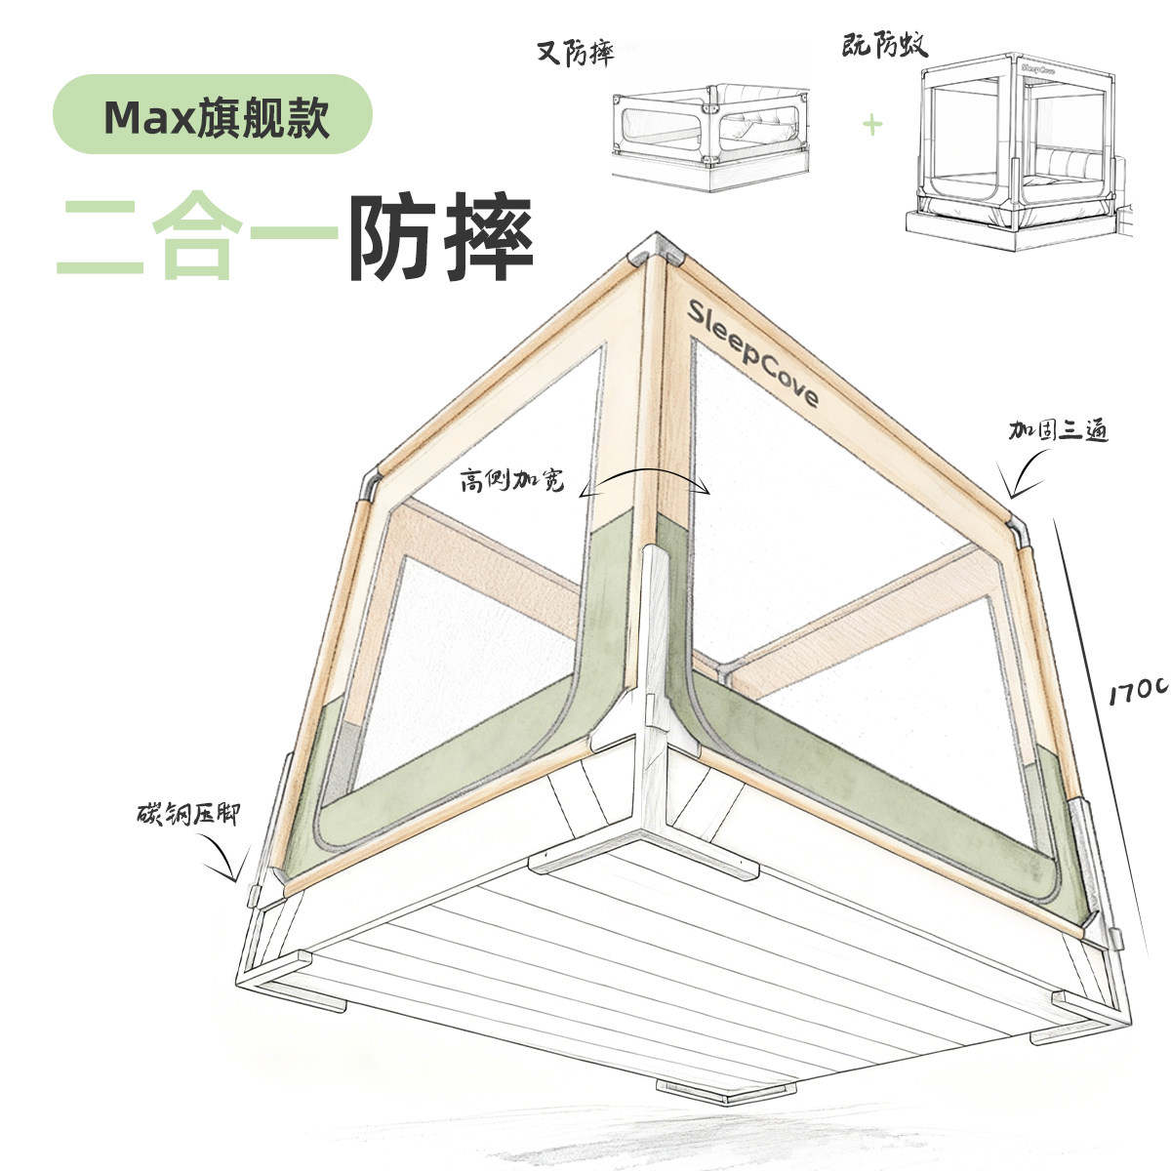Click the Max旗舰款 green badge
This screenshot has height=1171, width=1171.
(x=212, y=115)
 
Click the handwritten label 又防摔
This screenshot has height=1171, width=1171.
(x=577, y=53)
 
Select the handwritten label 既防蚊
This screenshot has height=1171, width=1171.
(x=884, y=44)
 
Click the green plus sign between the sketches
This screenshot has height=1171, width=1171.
(x=871, y=124)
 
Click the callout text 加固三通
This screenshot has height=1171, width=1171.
(x=1059, y=429)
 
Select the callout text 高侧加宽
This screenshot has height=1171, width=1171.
(x=512, y=481)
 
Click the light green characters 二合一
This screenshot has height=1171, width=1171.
(x=195, y=236)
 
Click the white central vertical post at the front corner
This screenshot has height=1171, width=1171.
(x=653, y=644)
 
